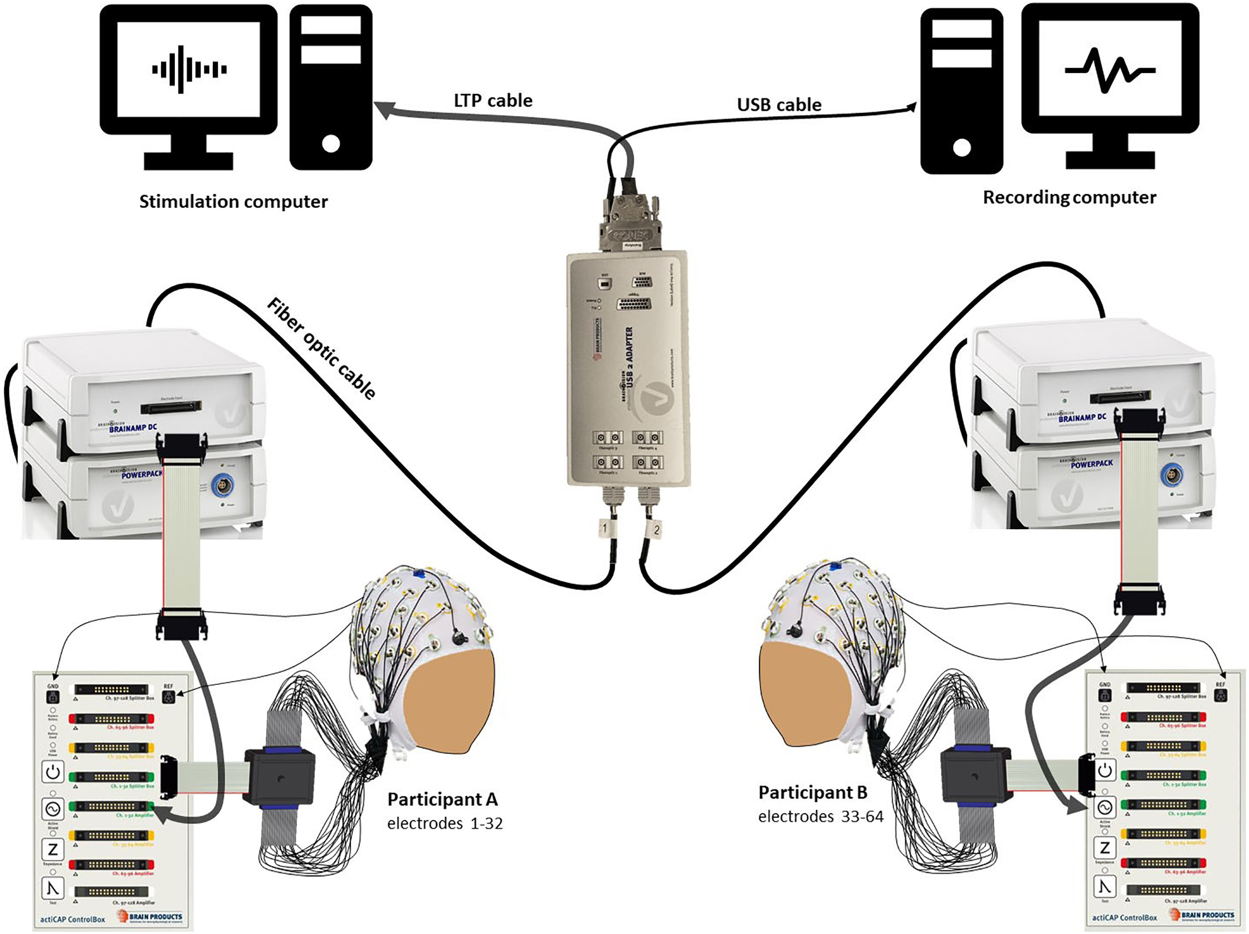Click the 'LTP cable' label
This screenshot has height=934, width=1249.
click(493, 100)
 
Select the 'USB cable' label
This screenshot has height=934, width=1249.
click(779, 104)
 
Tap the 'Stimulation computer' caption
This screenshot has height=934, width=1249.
click(233, 202)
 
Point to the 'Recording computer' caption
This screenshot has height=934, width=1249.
click(1069, 197)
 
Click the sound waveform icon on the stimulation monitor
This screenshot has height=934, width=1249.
click(189, 70)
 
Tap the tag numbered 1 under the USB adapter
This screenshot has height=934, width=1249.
click(605, 529)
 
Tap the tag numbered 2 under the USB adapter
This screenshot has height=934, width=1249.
click(656, 530)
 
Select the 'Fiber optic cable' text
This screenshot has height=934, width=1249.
click(321, 349)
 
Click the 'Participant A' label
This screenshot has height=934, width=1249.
click(442, 800)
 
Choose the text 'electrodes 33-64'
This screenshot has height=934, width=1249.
click(821, 816)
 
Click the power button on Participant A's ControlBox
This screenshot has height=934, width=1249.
click(53, 772)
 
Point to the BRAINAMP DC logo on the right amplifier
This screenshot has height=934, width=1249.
click(1081, 418)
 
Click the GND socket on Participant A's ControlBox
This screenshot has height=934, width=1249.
click(52, 696)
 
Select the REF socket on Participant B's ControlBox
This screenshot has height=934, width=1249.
click(1220, 694)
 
